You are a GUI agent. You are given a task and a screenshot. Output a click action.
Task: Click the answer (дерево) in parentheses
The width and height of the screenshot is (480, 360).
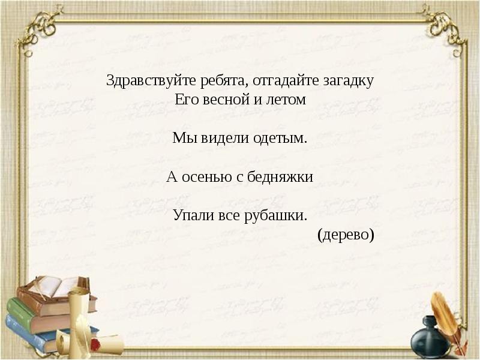coord(346,234)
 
